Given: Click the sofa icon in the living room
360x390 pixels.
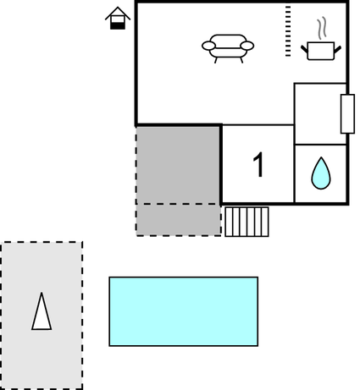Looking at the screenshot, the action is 228,48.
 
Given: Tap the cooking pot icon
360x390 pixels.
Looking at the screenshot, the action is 321,51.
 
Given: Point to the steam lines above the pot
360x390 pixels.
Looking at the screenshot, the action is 322,28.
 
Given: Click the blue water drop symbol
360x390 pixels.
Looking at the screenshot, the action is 321,173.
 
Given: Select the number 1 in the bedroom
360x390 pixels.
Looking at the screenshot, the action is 258,165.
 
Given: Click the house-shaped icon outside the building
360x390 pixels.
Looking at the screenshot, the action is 118,18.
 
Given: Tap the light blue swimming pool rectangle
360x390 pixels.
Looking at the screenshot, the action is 184,311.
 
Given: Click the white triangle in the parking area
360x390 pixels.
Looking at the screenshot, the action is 42,311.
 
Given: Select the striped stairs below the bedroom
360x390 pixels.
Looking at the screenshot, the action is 246,222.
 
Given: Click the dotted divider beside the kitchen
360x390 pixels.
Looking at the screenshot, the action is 288,30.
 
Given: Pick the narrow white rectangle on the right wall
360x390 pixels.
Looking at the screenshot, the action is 347,113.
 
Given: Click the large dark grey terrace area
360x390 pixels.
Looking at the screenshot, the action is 178,165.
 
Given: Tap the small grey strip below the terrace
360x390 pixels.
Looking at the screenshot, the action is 179,220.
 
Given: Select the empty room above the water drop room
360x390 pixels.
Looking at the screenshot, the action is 320,114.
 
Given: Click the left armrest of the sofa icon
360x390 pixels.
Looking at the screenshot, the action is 208,46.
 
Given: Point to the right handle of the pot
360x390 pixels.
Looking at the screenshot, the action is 338,49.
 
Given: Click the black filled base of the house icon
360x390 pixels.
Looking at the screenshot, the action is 118,25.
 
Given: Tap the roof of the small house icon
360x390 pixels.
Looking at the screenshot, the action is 118,13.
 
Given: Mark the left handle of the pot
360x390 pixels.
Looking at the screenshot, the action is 304,49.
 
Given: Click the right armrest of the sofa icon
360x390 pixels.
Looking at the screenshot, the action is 247,46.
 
